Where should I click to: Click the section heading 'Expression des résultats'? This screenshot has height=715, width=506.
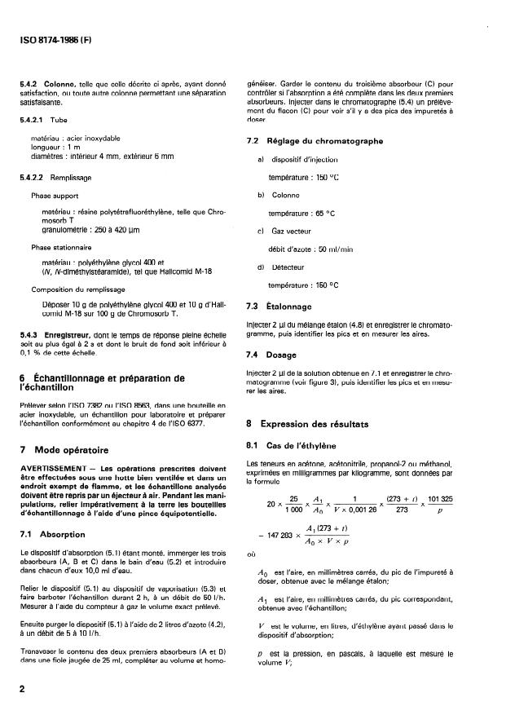[314, 424]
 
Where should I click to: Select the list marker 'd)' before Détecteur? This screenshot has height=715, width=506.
[261, 267]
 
